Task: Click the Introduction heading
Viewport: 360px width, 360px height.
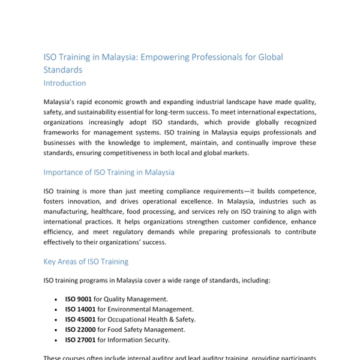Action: (x=65, y=83)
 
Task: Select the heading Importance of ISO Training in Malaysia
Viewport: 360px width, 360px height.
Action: (x=109, y=172)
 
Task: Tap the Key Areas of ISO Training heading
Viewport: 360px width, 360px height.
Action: (x=86, y=262)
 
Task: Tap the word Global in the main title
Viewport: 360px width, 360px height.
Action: (x=265, y=58)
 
